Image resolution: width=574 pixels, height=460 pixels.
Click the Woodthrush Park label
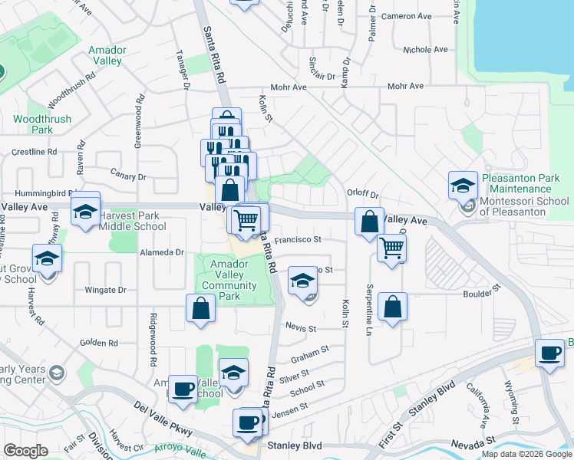42,124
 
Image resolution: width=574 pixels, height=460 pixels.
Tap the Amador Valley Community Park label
229,280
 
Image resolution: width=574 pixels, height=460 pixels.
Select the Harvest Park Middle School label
133,221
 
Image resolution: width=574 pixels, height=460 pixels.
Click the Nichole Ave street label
425,50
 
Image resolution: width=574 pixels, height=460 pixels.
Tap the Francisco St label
297,239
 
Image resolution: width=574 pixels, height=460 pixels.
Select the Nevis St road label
301,328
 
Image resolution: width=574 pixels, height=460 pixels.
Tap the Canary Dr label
128,176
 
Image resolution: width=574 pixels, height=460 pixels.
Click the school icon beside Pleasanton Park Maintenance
463,186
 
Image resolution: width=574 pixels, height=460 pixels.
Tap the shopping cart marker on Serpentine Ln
391,248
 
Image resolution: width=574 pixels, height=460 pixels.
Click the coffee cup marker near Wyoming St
549,353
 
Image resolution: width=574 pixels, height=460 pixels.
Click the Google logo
26,451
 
